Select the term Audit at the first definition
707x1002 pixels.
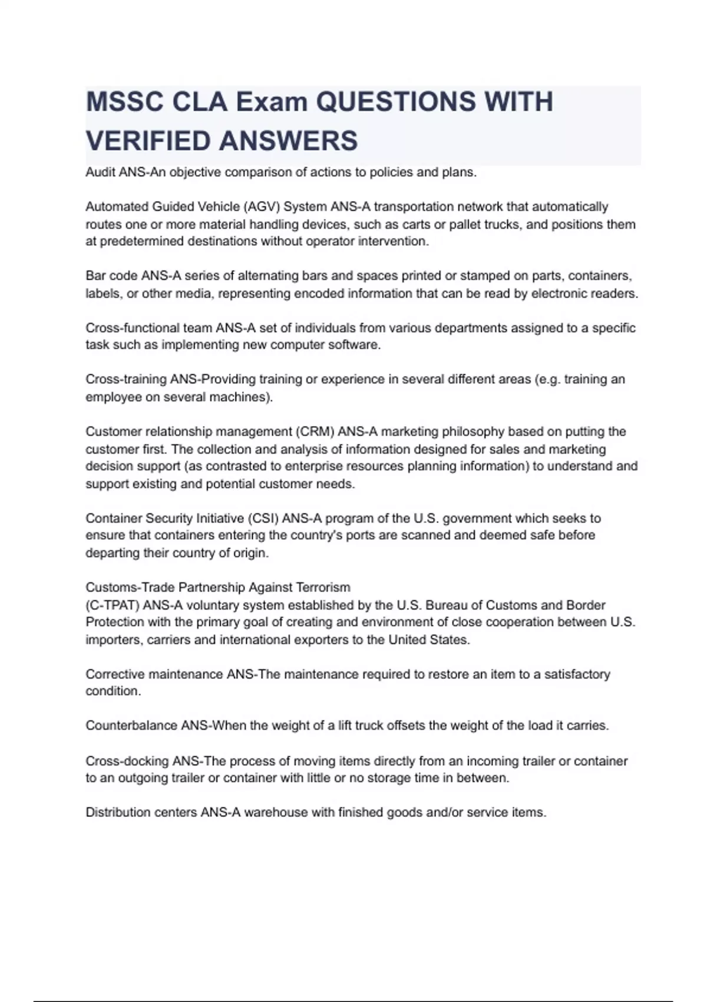[x=101, y=172]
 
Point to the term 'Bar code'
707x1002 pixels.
[x=111, y=276]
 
